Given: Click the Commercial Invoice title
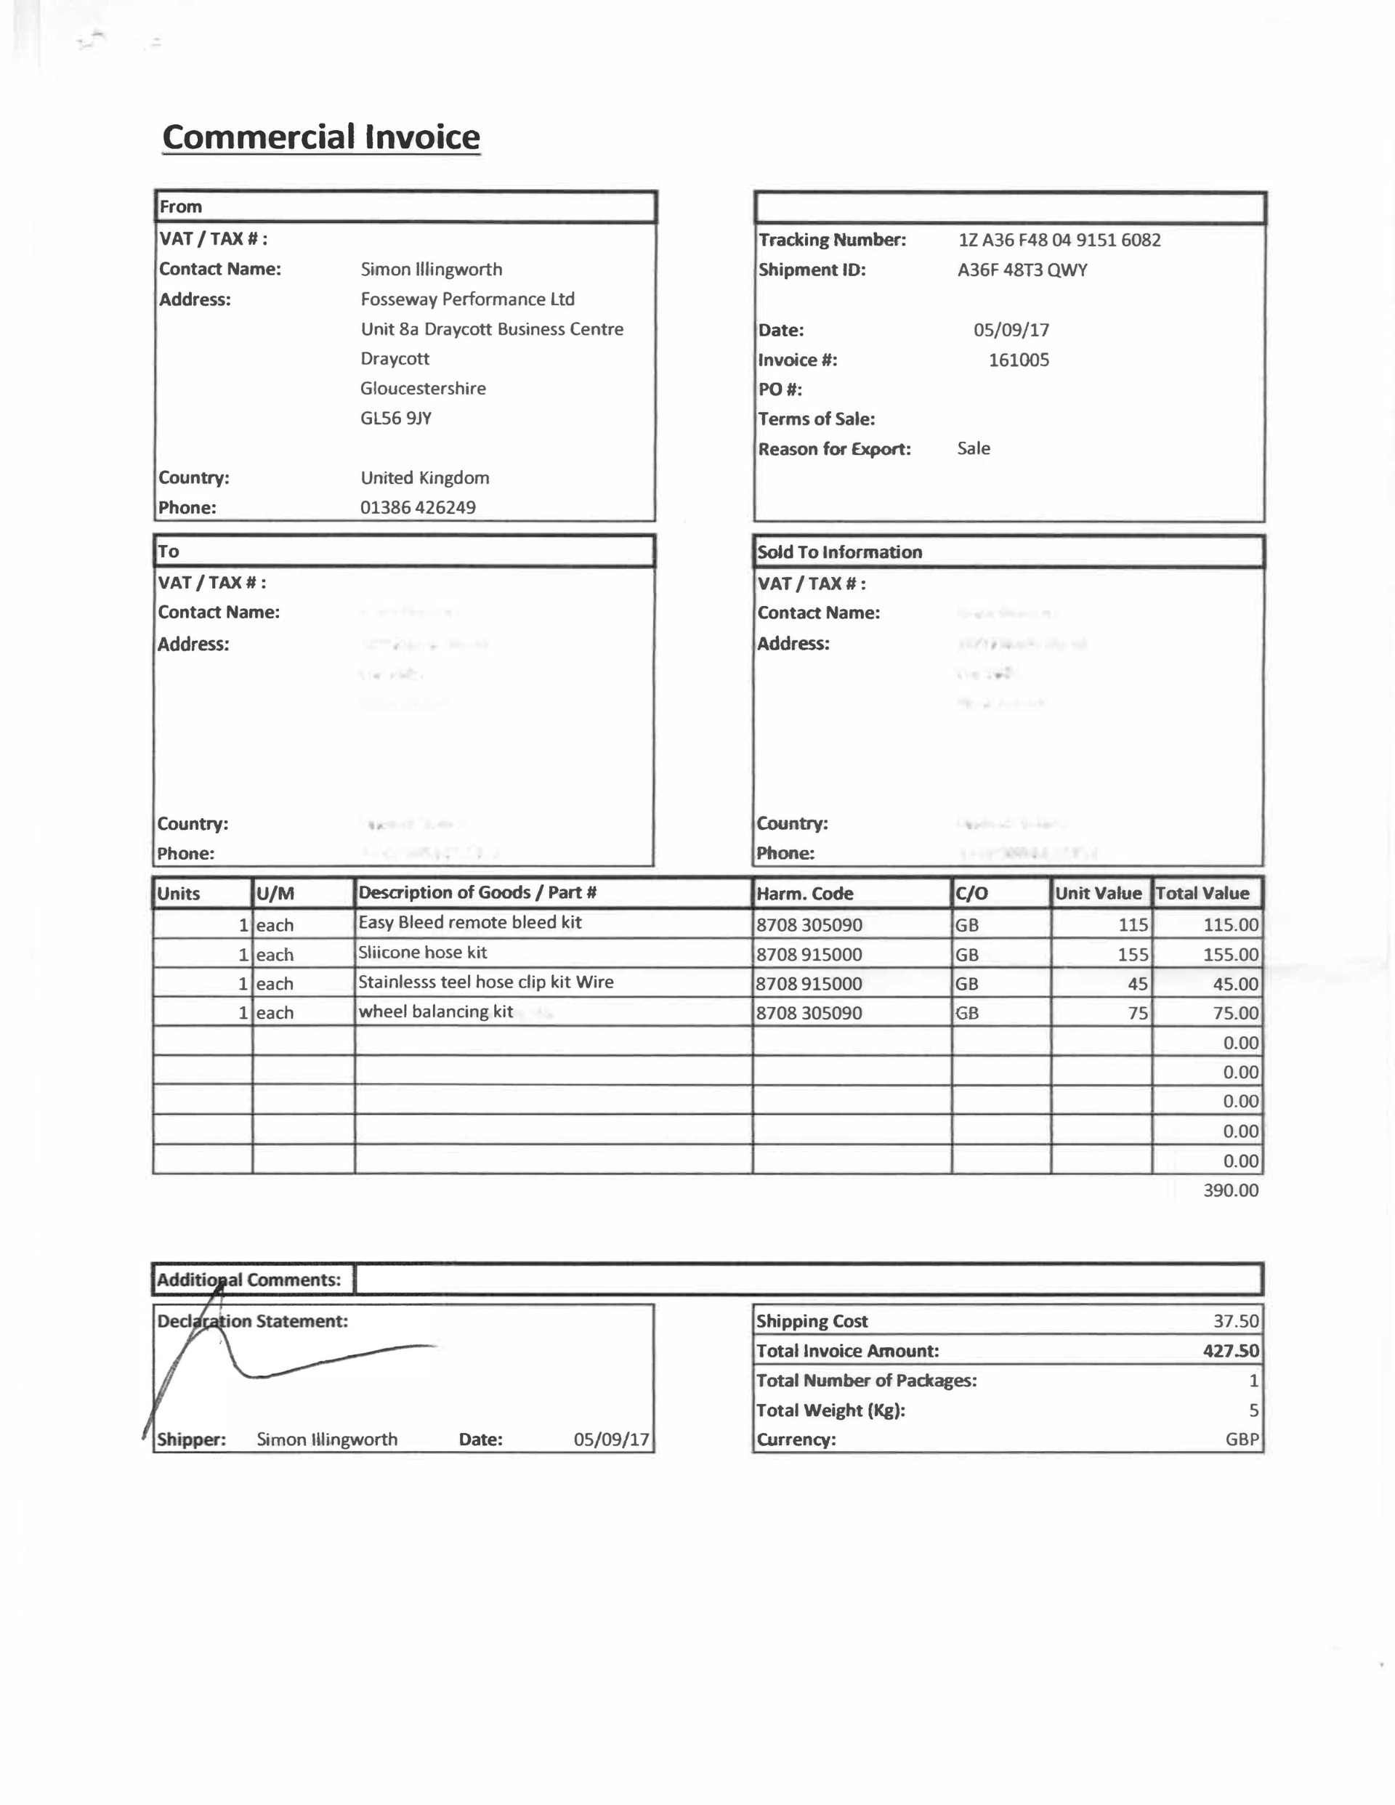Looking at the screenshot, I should pos(320,137).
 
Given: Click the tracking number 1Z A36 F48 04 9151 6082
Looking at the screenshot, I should pos(1059,240).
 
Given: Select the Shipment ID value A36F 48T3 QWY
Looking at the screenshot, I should pos(1022,270).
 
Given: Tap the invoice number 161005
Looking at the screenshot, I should pos(1018,360).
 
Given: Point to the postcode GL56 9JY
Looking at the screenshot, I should pos(396,419).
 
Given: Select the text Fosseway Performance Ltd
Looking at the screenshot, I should pos(467,299).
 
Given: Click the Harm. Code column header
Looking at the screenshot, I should pos(804,893).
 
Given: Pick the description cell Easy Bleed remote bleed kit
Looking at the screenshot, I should pos(469,922).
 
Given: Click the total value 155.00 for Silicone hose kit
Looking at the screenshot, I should pos(1230,955).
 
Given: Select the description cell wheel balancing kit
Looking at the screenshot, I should pos(435,1011).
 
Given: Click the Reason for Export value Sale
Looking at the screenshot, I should pos(974,449).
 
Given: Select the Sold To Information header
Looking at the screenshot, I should pos(840,552).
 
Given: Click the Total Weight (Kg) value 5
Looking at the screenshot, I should pos(1253,1410).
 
